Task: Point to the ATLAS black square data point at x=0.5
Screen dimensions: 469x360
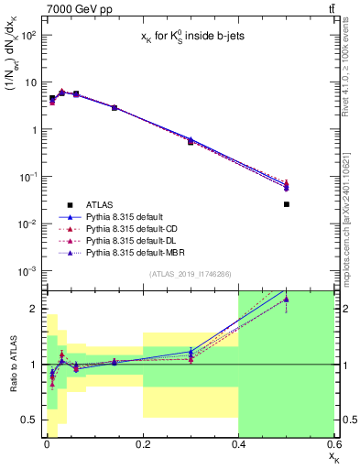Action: pos(287,204)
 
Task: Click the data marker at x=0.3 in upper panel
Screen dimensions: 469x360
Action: pos(191,141)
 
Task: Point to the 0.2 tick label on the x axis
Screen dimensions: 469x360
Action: pos(143,445)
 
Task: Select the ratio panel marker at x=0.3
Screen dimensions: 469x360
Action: pos(191,355)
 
